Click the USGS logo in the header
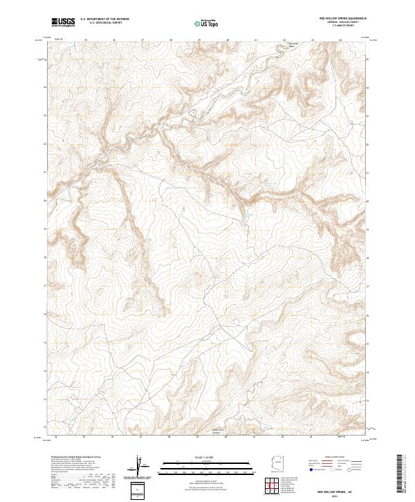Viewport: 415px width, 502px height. coord(64,23)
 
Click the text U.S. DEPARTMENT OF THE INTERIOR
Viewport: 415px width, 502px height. coord(104,20)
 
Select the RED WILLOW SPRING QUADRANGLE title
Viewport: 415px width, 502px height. coord(338,19)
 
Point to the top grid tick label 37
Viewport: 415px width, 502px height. coord(142,40)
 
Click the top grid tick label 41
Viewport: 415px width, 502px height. coord(256,40)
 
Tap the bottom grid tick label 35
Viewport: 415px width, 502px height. coord(84,436)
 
